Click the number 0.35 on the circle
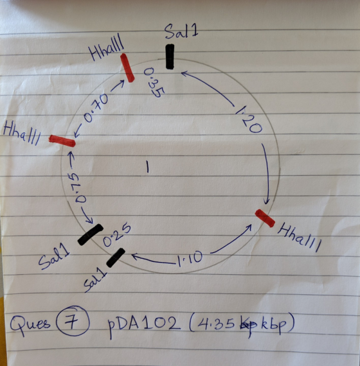tap(154, 83)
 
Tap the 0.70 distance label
tap(96, 108)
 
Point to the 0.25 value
tap(116, 234)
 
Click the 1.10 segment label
tap(190, 259)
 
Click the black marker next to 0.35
tap(170, 57)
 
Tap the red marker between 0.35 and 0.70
tap(127, 67)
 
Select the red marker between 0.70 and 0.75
tap(62, 141)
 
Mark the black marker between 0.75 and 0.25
tap(90, 234)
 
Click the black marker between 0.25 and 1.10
tap(116, 257)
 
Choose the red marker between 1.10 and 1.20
tap(265, 218)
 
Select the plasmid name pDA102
tap(144, 324)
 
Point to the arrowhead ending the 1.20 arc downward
tap(267, 201)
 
